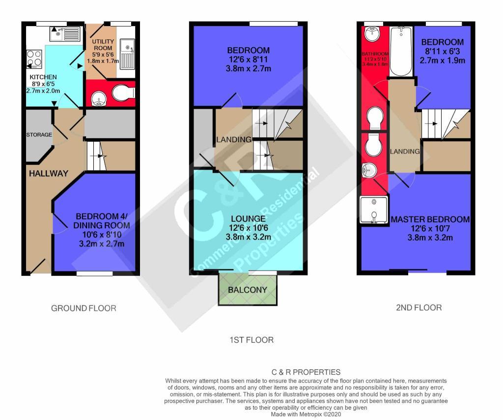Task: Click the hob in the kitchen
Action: coord(34,59)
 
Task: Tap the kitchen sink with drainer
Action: coord(65,34)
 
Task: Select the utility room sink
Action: coord(127,54)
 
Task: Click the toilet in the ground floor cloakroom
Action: coord(123,93)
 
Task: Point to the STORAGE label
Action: coord(39,135)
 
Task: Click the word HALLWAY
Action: coord(49,174)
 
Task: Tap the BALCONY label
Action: coord(248,290)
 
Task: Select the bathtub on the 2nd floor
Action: coord(401,51)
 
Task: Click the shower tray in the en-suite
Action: coord(374,210)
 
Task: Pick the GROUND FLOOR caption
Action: coord(84,308)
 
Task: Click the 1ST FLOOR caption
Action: coord(251,340)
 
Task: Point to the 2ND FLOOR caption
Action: coord(419,307)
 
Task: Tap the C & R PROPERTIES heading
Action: coord(306,372)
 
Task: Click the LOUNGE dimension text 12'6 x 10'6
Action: coord(248,228)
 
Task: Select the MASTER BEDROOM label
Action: coord(430,219)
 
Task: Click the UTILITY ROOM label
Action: coord(103,45)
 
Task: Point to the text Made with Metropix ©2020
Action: coord(306,414)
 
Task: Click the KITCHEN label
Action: coord(43,77)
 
